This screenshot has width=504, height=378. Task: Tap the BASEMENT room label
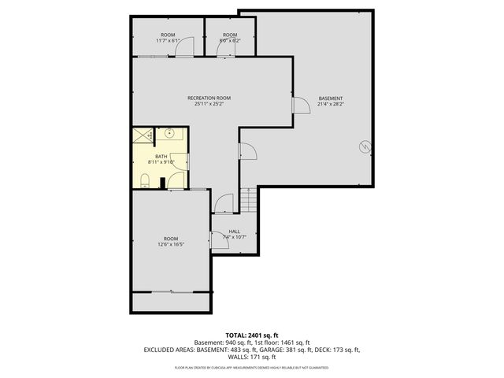330,98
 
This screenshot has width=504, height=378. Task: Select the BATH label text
161,157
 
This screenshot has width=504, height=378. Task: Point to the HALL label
234,232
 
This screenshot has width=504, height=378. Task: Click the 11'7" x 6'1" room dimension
168,40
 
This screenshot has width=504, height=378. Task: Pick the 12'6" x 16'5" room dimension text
171,244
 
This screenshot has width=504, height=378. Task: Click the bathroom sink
170,134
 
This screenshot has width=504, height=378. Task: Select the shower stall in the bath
143,135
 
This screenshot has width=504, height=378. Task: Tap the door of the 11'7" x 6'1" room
183,49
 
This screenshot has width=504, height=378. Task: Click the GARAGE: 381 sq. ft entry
284,349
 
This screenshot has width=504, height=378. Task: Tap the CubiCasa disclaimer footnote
251,368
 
